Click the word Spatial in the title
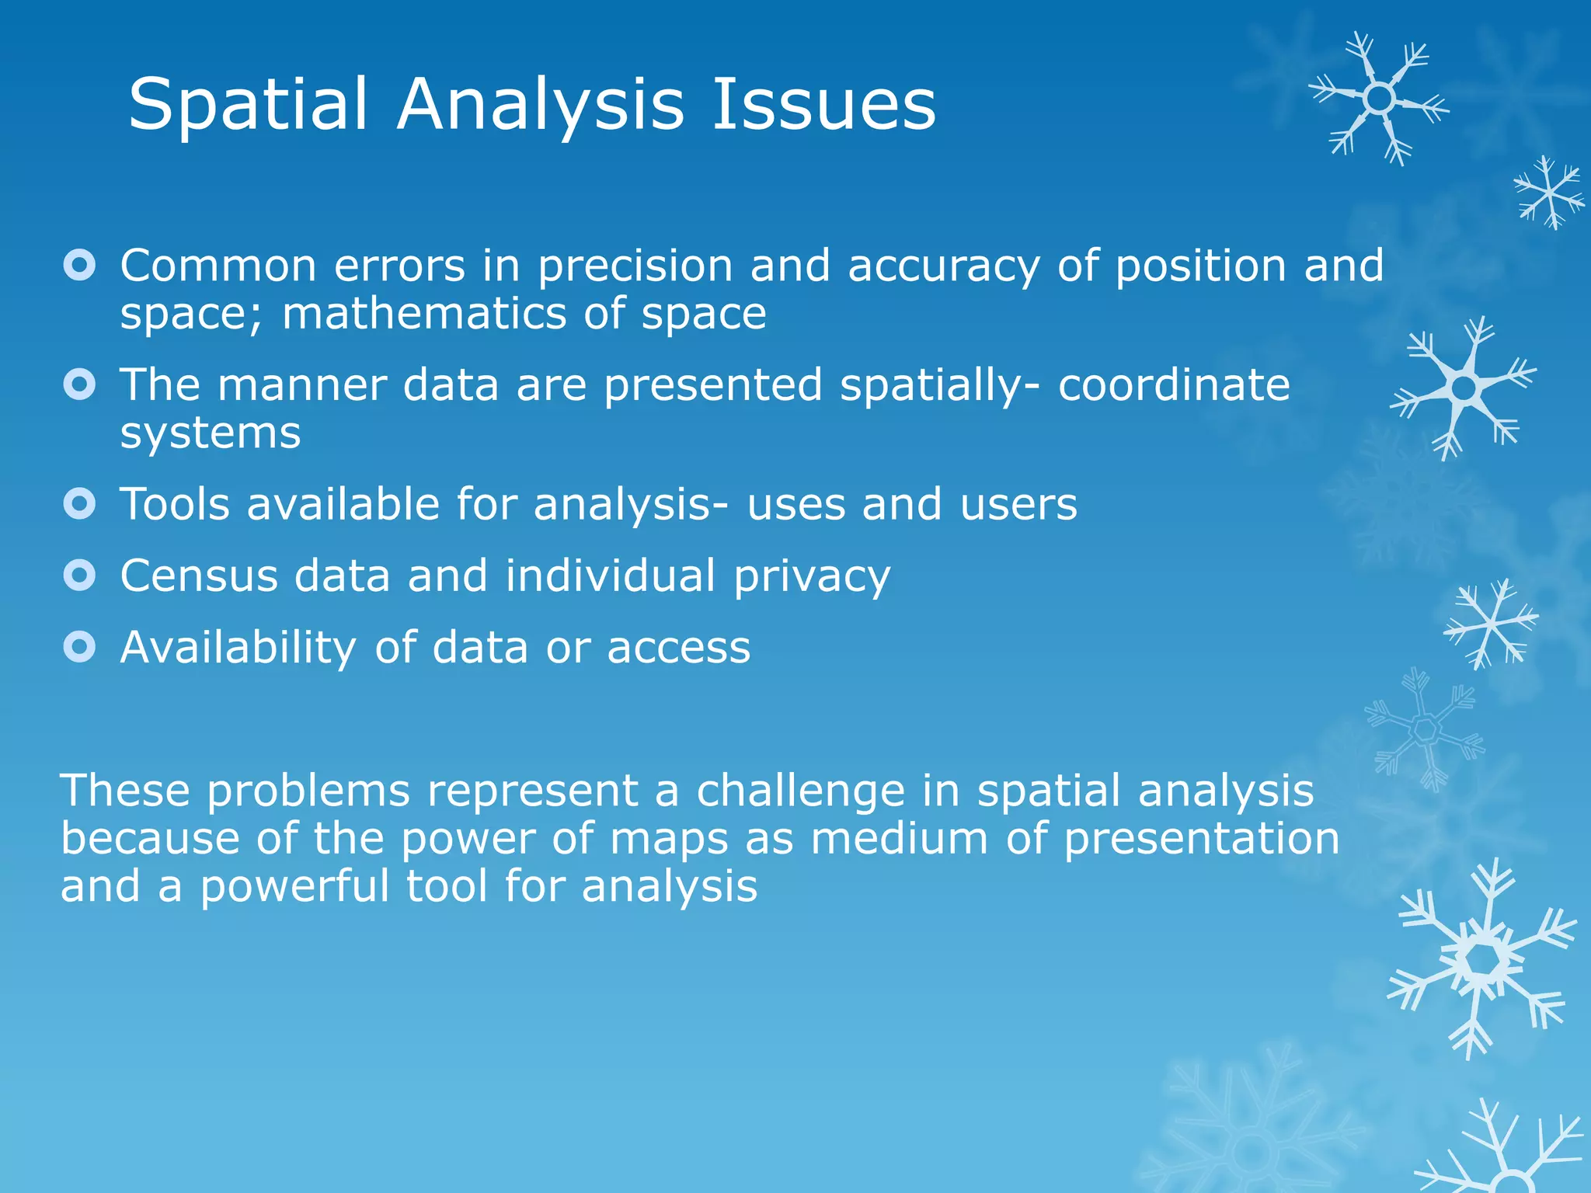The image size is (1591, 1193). coord(247,105)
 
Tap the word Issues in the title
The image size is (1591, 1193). coord(823,105)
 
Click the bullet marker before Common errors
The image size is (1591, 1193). coord(79,266)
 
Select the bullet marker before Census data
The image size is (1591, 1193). coord(79,576)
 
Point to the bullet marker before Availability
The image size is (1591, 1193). coord(79,647)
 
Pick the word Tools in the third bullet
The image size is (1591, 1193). coord(175,504)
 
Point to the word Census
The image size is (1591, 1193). coord(199,576)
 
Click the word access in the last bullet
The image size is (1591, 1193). coord(678,649)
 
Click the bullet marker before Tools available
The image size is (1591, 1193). coord(79,504)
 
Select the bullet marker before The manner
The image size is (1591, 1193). coord(79,384)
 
